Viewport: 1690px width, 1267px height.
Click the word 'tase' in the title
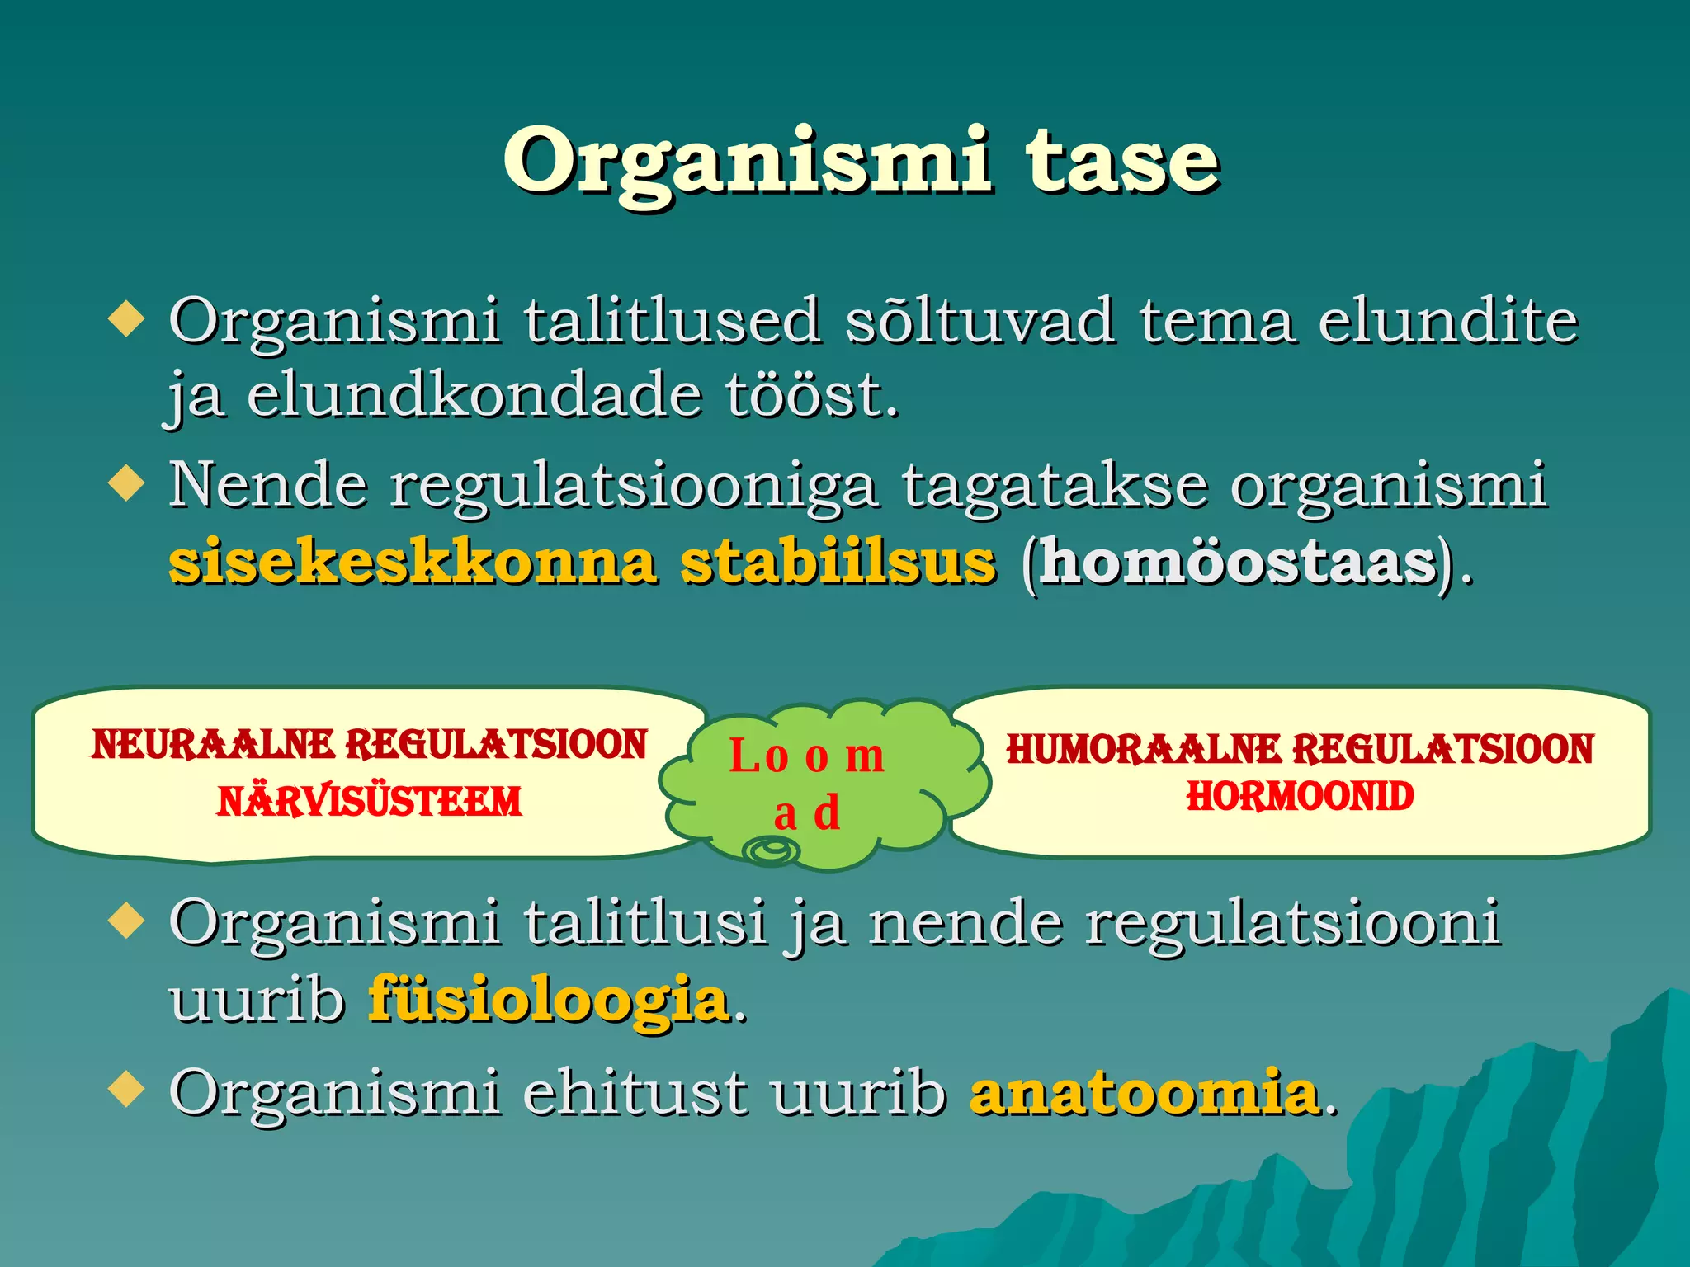pyautogui.click(x=1122, y=161)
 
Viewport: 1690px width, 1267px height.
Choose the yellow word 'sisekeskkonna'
pyautogui.click(x=413, y=563)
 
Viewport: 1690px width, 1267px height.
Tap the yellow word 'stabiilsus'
pyautogui.click(x=838, y=563)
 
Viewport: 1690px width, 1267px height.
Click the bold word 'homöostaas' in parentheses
pyautogui.click(x=1238, y=563)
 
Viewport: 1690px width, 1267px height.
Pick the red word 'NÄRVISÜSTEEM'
pyautogui.click(x=369, y=802)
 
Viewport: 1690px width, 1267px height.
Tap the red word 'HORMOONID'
pyautogui.click(x=1300, y=797)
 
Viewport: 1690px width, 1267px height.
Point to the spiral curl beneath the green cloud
pyautogui.click(x=772, y=850)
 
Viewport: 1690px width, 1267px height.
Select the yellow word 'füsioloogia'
pyautogui.click(x=550, y=1000)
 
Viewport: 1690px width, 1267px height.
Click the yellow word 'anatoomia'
pyautogui.click(x=1145, y=1093)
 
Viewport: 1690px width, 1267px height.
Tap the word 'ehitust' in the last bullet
pyautogui.click(x=635, y=1093)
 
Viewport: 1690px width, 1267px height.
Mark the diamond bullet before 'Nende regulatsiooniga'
pyautogui.click(x=126, y=483)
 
